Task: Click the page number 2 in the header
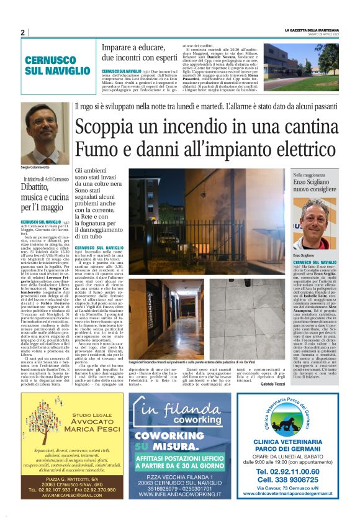(x=22, y=32)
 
